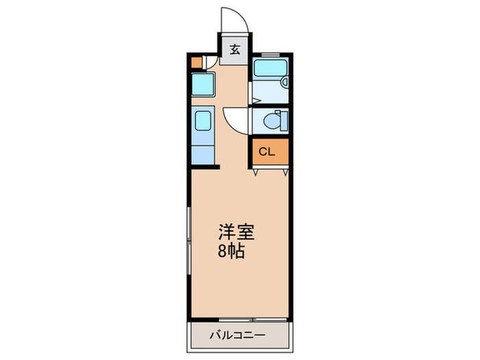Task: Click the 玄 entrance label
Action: click(235, 49)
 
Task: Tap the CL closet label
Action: click(267, 152)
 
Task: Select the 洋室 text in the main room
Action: click(237, 232)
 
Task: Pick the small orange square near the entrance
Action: click(197, 62)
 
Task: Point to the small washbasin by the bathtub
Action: click(285, 83)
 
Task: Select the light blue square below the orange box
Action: click(203, 84)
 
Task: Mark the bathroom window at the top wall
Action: click(270, 53)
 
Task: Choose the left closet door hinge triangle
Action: click(256, 173)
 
